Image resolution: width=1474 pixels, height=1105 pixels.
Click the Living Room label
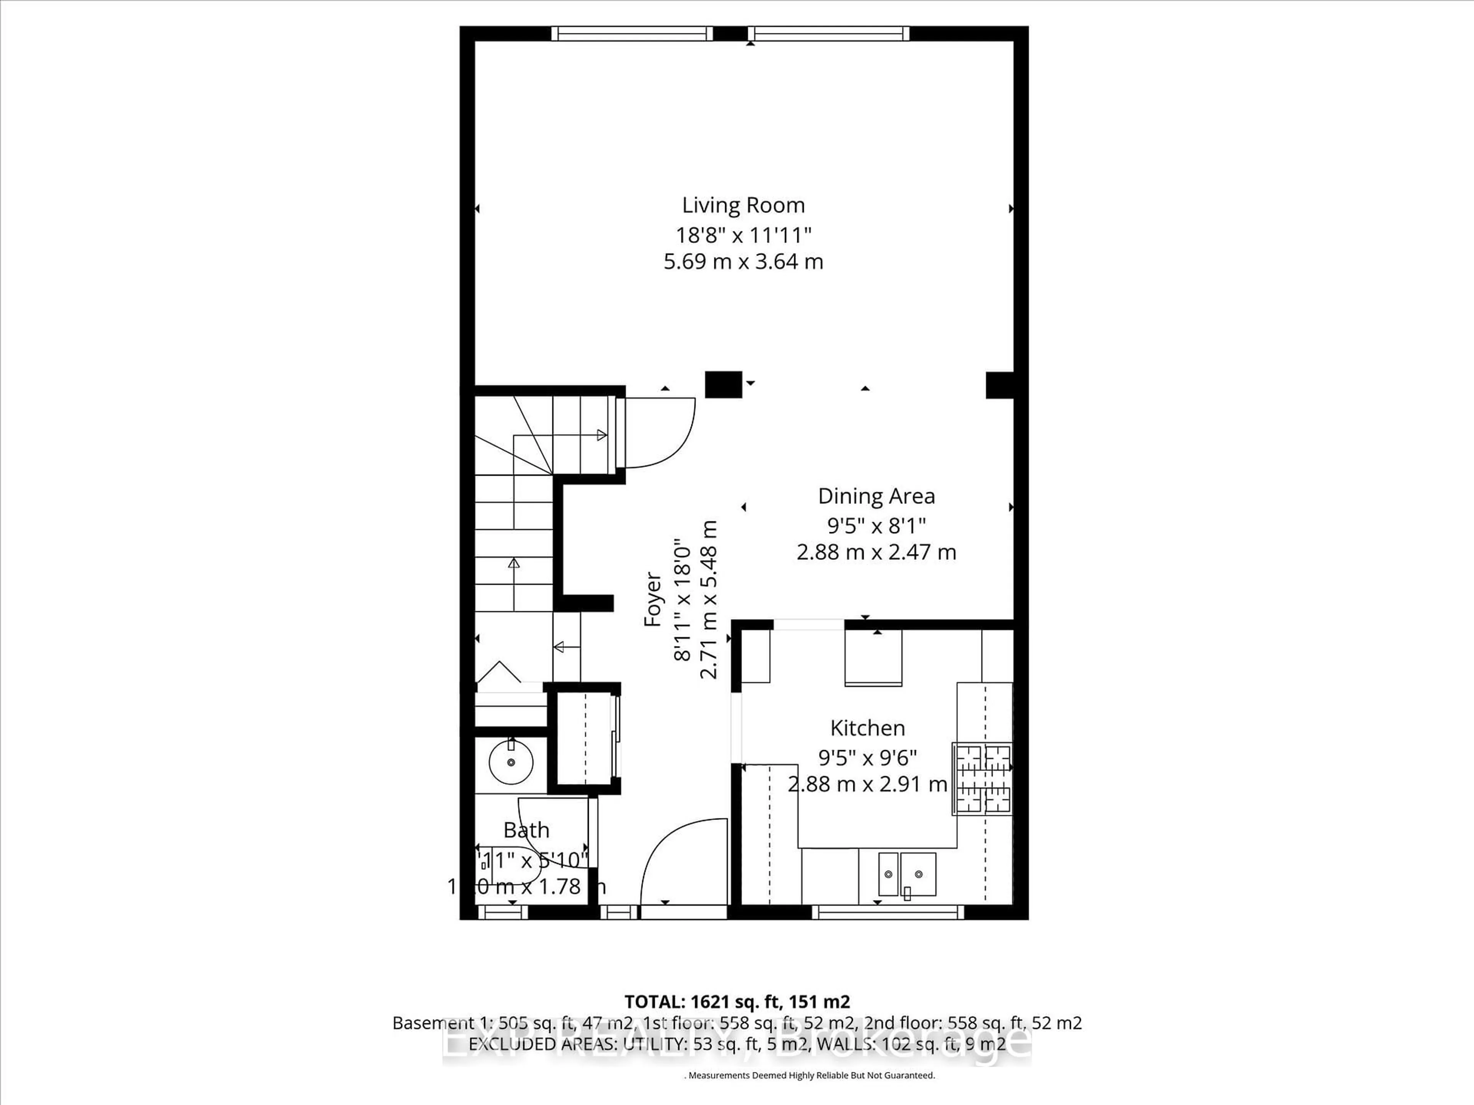pyautogui.click(x=743, y=205)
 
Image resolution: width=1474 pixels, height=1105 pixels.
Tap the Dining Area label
pyautogui.click(x=876, y=496)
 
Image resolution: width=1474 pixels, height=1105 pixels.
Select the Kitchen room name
pyautogui.click(x=867, y=728)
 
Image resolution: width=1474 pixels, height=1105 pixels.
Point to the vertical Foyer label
pyautogui.click(x=653, y=599)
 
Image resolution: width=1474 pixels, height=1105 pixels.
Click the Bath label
pyautogui.click(x=526, y=831)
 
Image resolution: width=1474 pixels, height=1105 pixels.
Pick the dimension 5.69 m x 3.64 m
pyautogui.click(x=743, y=262)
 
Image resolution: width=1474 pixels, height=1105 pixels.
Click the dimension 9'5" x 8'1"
pyautogui.click(x=876, y=526)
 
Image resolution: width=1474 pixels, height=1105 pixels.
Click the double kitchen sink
pyautogui.click(x=907, y=874)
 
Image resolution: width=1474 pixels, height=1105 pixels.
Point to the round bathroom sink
pyautogui.click(x=511, y=761)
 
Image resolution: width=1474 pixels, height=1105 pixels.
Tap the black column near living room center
pyautogui.click(x=723, y=384)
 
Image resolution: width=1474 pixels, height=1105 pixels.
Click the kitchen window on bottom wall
pyautogui.click(x=887, y=912)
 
